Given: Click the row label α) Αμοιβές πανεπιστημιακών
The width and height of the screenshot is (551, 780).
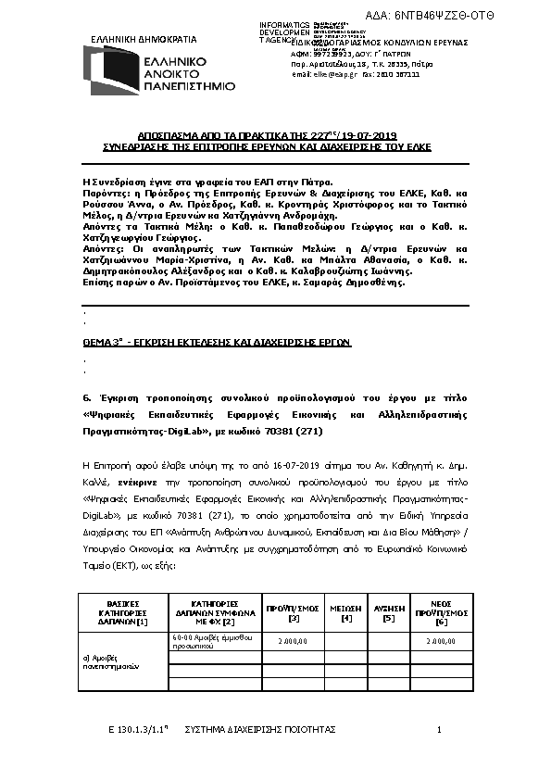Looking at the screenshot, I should coord(110,661).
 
